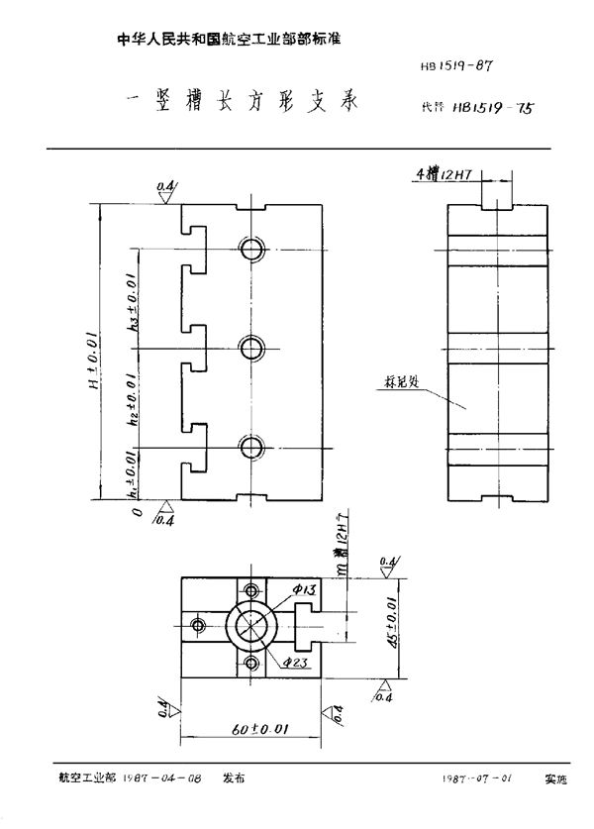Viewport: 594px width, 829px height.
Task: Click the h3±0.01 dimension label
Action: [x=135, y=308]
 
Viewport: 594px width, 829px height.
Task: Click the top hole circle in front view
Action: [x=251, y=248]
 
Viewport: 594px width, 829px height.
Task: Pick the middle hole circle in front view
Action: [x=251, y=347]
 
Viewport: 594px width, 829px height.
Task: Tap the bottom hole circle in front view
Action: [x=251, y=445]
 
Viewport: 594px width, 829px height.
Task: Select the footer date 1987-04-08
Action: [x=164, y=780]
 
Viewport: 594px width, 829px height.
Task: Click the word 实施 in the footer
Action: [x=556, y=780]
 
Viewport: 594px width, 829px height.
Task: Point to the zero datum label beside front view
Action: [x=132, y=512]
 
